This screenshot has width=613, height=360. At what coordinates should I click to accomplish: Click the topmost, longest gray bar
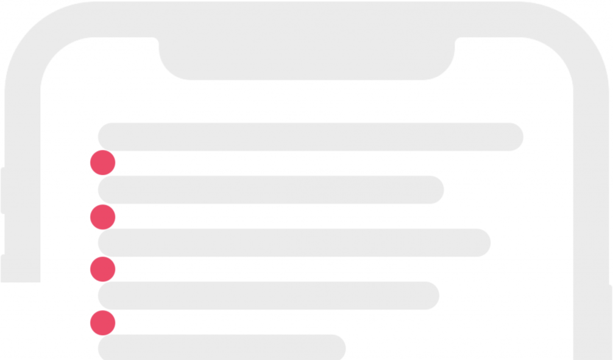(311, 136)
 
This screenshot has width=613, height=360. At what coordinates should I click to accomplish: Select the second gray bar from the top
(271, 189)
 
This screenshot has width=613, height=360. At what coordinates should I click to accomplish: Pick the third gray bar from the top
(294, 242)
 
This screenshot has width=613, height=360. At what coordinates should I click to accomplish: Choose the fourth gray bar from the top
(268, 295)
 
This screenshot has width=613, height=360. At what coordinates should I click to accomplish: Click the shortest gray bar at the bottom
(222, 347)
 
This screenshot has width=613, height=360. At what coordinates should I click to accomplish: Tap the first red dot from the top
(102, 163)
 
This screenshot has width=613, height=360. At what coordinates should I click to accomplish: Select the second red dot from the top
(102, 217)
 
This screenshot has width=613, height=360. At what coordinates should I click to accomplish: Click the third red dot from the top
(102, 269)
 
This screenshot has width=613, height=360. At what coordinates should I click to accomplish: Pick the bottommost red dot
(102, 323)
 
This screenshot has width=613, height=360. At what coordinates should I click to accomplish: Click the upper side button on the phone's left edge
(3, 190)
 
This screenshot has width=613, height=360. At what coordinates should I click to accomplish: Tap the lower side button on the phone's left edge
(3, 268)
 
